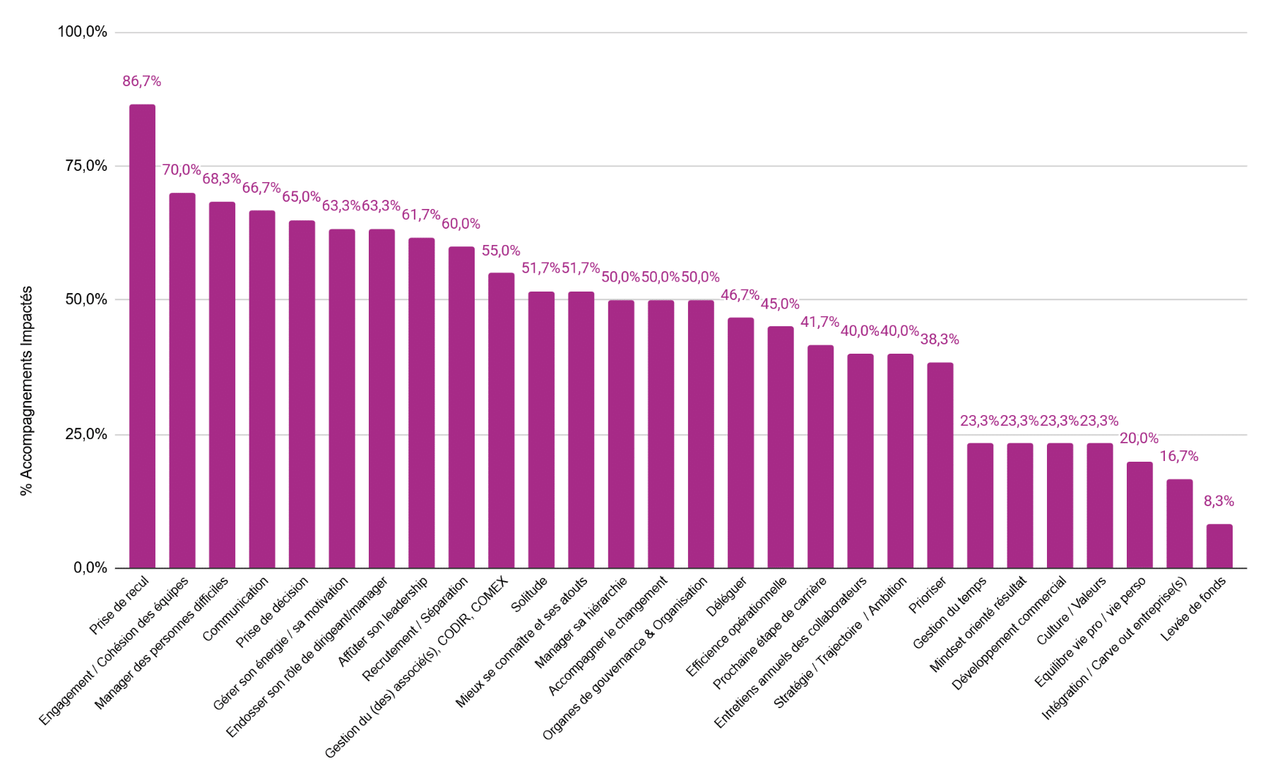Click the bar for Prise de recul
(142, 336)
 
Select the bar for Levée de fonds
(1219, 546)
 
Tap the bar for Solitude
(541, 430)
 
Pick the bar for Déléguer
(740, 443)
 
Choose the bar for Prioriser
(940, 465)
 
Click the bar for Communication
(262, 389)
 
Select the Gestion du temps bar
(980, 505)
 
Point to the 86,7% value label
(142, 81)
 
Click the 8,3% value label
(1219, 501)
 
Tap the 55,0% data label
(501, 251)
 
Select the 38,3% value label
(940, 340)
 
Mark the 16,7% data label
(1179, 457)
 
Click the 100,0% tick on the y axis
(82, 32)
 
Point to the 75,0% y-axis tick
(86, 166)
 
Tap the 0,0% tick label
(90, 568)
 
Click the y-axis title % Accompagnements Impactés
(27, 390)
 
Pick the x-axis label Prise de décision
(272, 612)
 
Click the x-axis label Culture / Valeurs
(1071, 610)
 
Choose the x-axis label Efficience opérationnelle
(736, 627)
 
